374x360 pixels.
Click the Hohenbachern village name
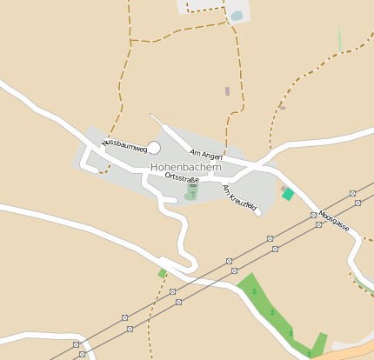pyautogui.click(x=185, y=166)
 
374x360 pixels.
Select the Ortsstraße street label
pyautogui.click(x=182, y=178)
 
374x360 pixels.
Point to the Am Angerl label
pyautogui.click(x=206, y=154)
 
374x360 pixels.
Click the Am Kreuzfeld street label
pyautogui.click(x=238, y=197)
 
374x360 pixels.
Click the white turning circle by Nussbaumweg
pyautogui.click(x=154, y=149)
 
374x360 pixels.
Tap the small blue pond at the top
pyautogui.click(x=237, y=16)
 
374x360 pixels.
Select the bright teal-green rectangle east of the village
pyautogui.click(x=288, y=194)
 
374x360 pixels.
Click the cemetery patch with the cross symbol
pyautogui.click(x=191, y=192)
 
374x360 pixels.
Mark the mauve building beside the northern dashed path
pyautogui.click(x=227, y=90)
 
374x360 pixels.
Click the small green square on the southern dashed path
pyautogui.click(x=163, y=273)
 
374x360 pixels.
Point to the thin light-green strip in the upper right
pyautogui.click(x=339, y=40)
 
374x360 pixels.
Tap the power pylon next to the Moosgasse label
pyautogui.click(x=313, y=214)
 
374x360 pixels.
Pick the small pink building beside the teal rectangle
pyautogui.click(x=283, y=187)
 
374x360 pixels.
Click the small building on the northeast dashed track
pyautogui.click(x=282, y=107)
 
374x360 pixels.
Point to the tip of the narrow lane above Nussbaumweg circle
pyautogui.click(x=151, y=115)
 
